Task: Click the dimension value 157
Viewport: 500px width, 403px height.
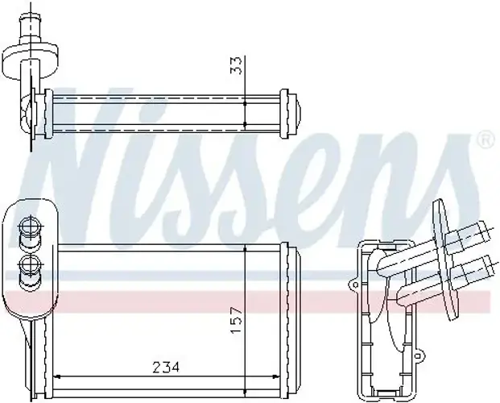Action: point(236,320)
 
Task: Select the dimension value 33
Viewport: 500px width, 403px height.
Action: point(236,65)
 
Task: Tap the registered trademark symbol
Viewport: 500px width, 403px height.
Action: point(486,139)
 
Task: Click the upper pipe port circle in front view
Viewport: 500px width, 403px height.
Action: point(30,226)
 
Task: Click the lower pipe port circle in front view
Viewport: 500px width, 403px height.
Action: point(30,264)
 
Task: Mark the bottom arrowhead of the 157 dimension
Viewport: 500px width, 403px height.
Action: point(245,392)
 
